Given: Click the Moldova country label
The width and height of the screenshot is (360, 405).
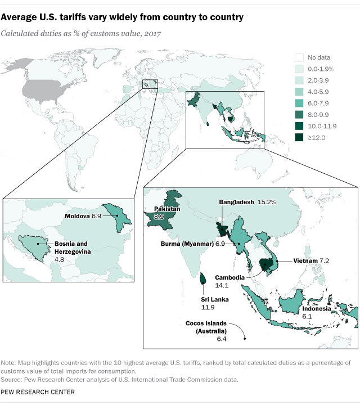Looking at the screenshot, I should [75, 216].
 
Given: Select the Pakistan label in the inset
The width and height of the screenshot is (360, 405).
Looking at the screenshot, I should [166, 208].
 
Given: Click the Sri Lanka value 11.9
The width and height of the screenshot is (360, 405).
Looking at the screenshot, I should [207, 308].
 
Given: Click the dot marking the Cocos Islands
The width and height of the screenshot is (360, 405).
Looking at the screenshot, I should [245, 338].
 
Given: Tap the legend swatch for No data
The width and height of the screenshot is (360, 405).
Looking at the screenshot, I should [299, 57].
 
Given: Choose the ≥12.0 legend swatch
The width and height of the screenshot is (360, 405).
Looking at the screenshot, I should [299, 137].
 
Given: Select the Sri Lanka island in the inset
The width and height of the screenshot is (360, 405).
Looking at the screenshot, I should [203, 278].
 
